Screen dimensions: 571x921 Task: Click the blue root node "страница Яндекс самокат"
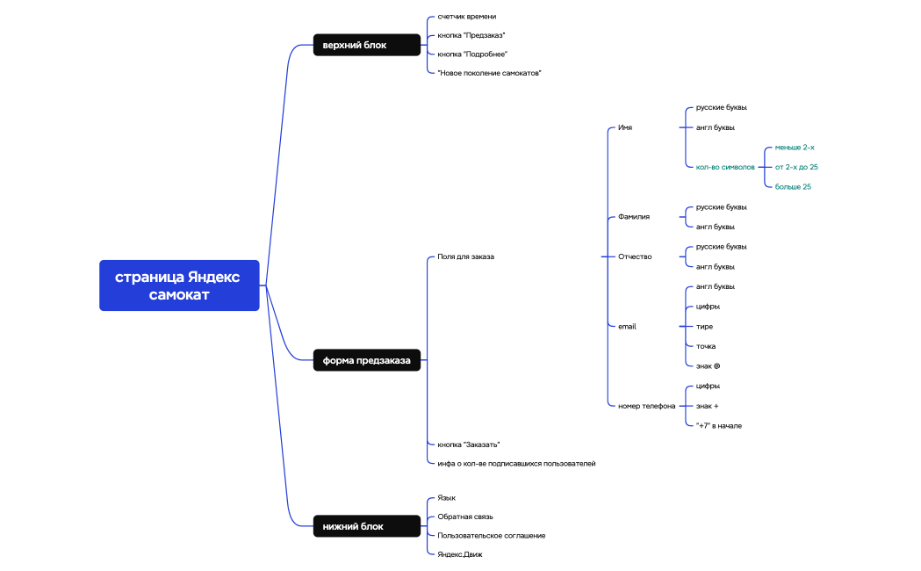click(x=179, y=285)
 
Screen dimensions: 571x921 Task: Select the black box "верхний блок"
click(x=367, y=45)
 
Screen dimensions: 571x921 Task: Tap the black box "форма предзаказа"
click(x=367, y=360)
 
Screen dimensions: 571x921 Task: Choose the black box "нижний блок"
click(x=367, y=526)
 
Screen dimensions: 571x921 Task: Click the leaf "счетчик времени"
click(x=467, y=17)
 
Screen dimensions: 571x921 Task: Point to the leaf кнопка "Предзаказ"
click(x=471, y=35)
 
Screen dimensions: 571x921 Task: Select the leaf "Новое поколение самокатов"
click(x=489, y=73)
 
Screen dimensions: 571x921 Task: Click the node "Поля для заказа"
click(x=465, y=257)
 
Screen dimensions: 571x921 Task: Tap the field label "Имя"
click(x=625, y=127)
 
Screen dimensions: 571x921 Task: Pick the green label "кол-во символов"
click(x=725, y=167)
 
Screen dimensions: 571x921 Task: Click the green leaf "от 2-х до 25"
click(x=796, y=167)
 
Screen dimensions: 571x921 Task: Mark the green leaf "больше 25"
click(x=793, y=186)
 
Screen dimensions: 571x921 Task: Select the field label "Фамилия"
click(x=634, y=216)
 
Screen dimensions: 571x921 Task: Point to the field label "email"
click(x=627, y=326)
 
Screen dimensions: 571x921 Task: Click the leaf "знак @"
click(x=708, y=365)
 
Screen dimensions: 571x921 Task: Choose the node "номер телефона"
click(x=646, y=406)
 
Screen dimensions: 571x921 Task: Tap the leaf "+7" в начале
click(x=718, y=425)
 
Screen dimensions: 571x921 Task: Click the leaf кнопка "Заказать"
click(x=469, y=445)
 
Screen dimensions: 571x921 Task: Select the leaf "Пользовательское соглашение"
click(x=492, y=535)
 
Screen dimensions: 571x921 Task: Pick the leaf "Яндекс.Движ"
click(x=460, y=554)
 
